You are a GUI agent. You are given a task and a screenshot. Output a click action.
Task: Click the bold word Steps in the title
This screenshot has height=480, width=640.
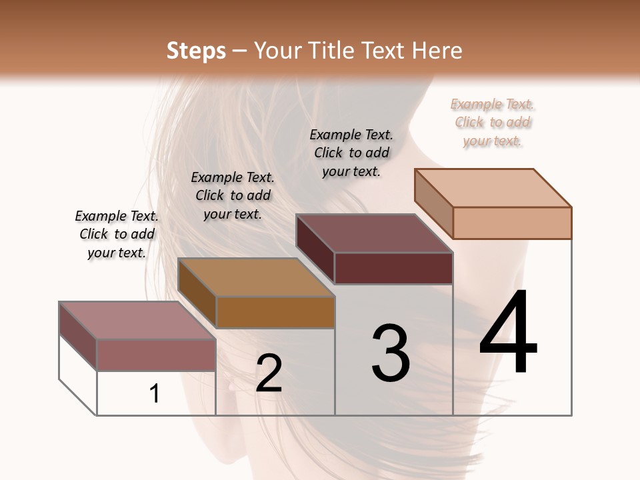pyautogui.click(x=196, y=51)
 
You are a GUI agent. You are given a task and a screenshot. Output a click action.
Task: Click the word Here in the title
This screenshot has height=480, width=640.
pyautogui.click(x=437, y=51)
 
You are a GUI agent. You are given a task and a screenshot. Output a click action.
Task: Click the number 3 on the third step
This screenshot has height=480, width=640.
pyautogui.click(x=390, y=353)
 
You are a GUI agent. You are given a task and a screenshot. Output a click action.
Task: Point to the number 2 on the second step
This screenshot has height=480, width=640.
pyautogui.click(x=269, y=373)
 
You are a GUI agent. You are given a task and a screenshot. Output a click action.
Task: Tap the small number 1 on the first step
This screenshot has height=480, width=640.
pyautogui.click(x=155, y=393)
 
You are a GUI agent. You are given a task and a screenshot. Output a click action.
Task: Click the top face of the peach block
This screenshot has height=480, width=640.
pyautogui.click(x=493, y=187)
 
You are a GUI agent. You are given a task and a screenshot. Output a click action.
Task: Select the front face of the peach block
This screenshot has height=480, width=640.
pyautogui.click(x=512, y=223)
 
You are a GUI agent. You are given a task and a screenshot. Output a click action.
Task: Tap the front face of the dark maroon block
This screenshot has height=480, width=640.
pyautogui.click(x=393, y=268)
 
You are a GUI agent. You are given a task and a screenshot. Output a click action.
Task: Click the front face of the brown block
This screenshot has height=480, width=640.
pyautogui.click(x=275, y=312)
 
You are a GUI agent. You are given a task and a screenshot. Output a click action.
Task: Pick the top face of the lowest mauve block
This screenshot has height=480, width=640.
pyautogui.click(x=137, y=321)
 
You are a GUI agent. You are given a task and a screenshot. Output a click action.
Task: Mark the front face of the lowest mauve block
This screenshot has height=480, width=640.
pyautogui.click(x=156, y=355)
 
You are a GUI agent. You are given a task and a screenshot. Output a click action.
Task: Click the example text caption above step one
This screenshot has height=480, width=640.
pyautogui.click(x=117, y=234)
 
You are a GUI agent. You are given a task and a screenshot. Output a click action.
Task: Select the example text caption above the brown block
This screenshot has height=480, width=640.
pyautogui.click(x=233, y=195)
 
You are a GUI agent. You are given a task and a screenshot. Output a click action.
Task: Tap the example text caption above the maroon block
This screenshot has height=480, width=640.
pyautogui.click(x=351, y=153)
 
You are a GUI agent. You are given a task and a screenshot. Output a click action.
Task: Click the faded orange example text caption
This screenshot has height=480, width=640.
pyautogui.click(x=493, y=122)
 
